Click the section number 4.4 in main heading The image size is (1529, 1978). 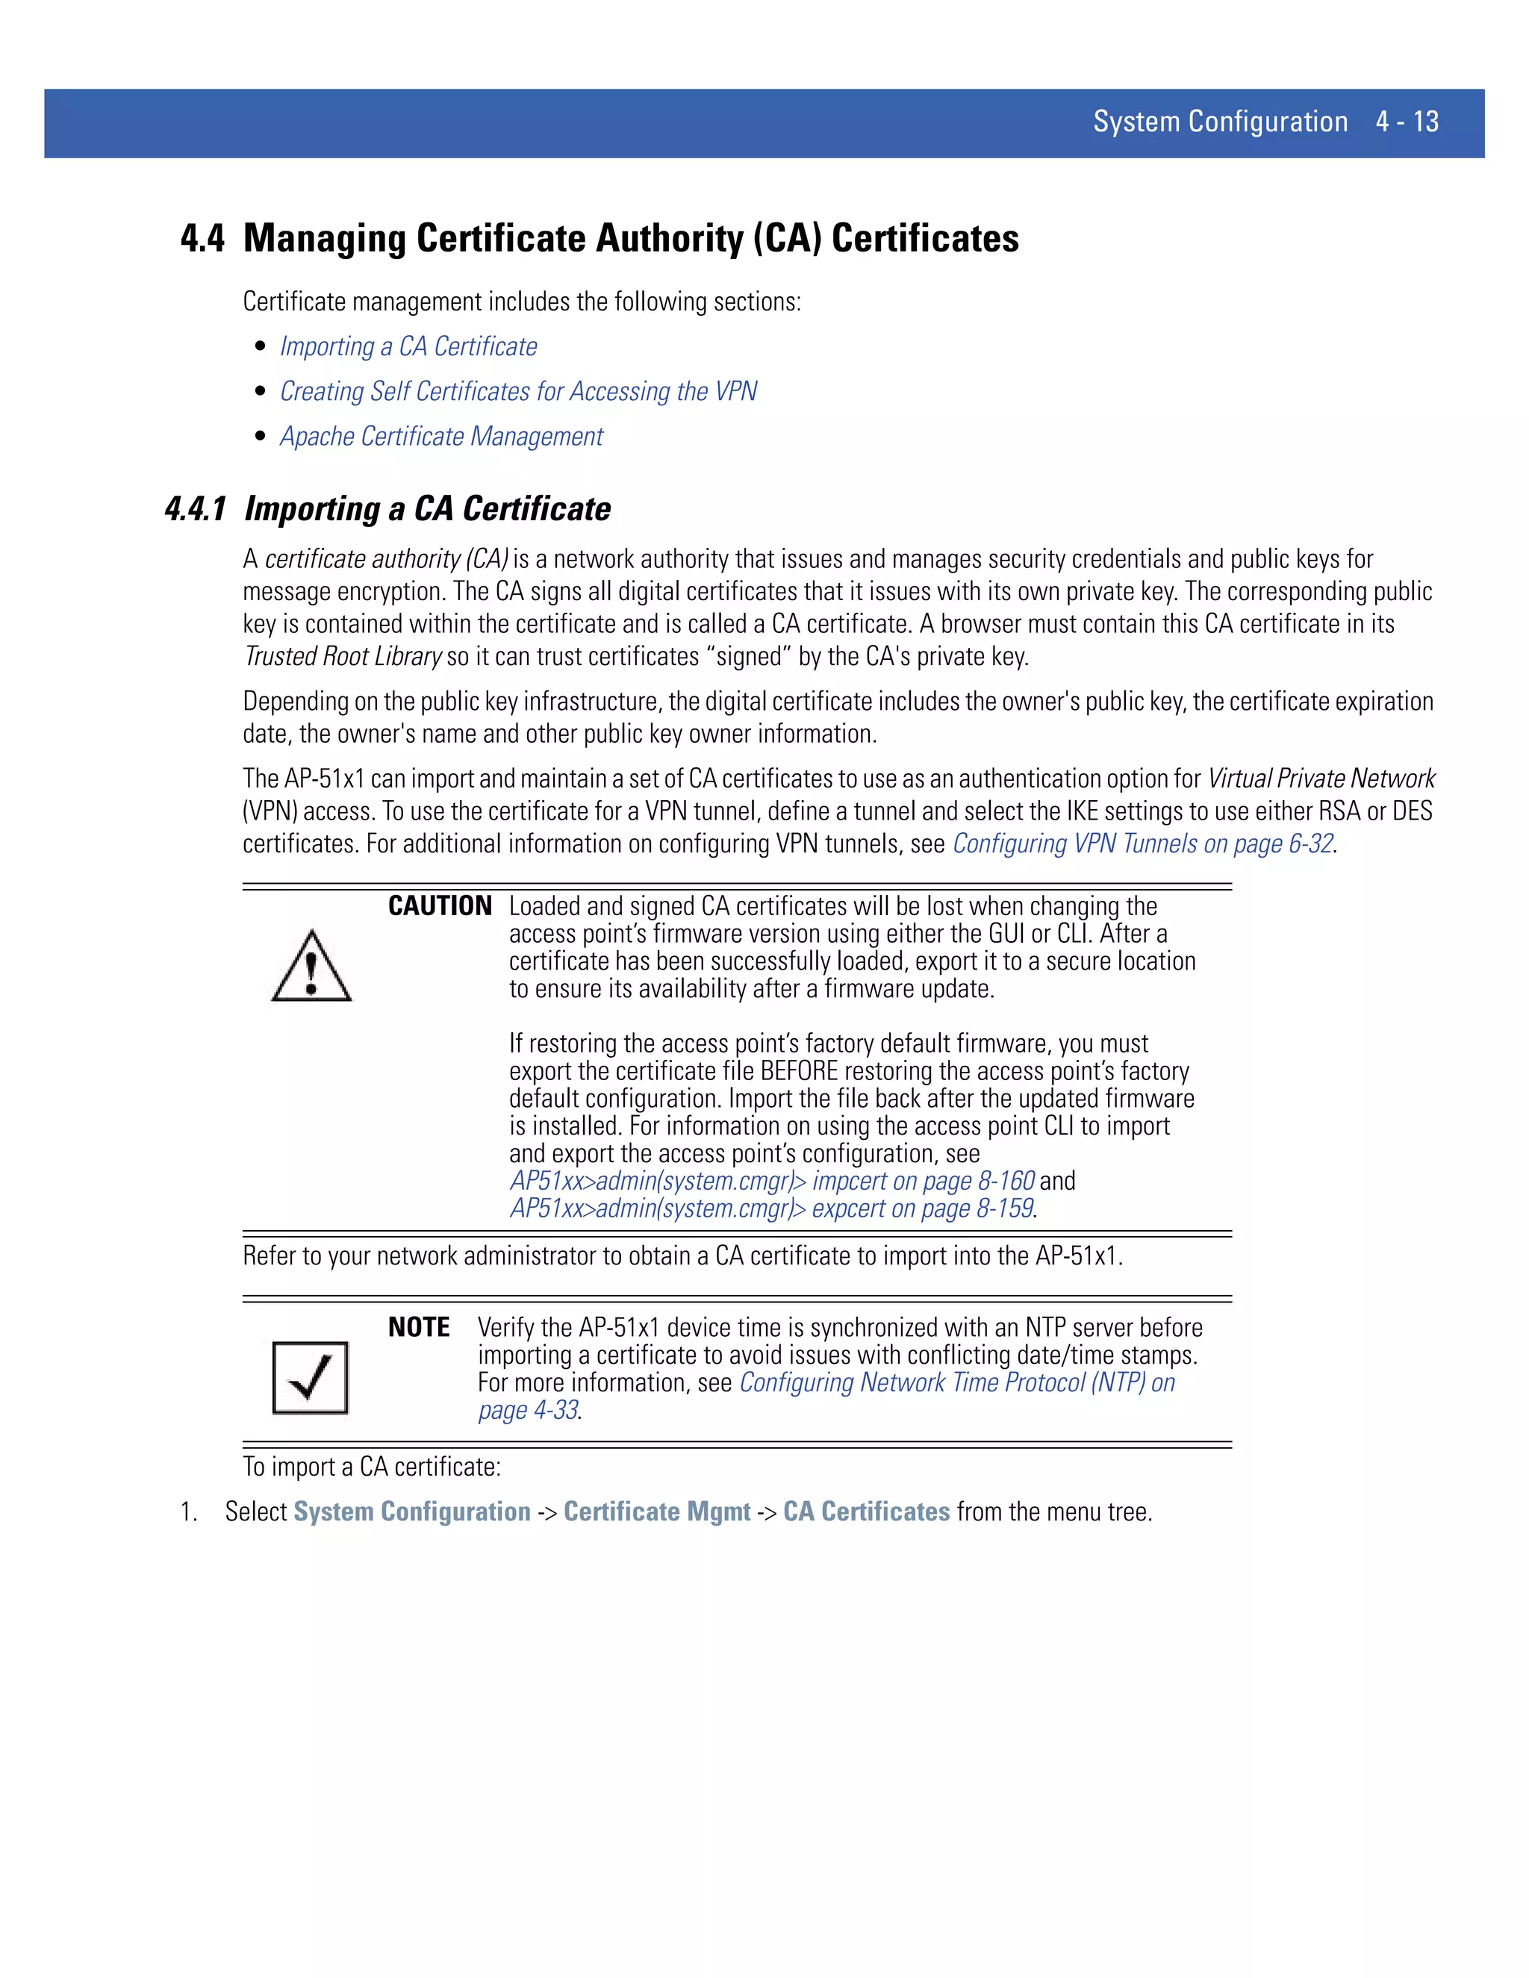[x=202, y=238]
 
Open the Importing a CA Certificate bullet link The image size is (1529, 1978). [x=408, y=347]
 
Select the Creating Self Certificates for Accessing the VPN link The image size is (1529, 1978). [x=518, y=391]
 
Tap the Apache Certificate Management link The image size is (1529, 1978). [x=441, y=437]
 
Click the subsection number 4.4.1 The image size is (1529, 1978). [x=195, y=509]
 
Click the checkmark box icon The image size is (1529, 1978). [x=310, y=1378]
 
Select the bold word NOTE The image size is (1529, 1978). [x=419, y=1327]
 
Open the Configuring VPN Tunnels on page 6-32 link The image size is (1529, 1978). [x=1142, y=844]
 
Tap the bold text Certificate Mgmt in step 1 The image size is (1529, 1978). [x=657, y=1511]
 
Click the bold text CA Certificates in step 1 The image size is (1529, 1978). [x=866, y=1511]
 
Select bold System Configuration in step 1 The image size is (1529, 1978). [x=411, y=1511]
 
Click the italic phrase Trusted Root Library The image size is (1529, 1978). [x=343, y=657]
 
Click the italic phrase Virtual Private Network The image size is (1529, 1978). [x=1321, y=779]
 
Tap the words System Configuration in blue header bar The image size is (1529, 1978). [x=1219, y=122]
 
